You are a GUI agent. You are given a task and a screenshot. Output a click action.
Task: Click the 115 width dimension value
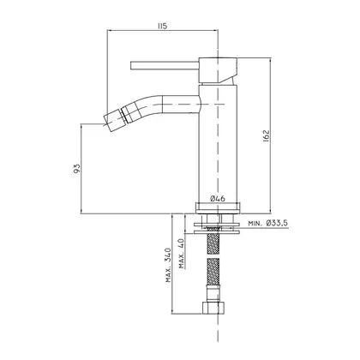click(x=162, y=26)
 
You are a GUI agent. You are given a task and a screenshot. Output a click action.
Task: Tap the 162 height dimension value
click(x=266, y=136)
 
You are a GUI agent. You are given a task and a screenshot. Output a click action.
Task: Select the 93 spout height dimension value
click(x=77, y=169)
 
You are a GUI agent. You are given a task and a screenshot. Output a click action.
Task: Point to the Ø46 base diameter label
click(x=218, y=198)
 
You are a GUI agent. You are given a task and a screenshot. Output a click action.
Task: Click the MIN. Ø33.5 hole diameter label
click(x=267, y=223)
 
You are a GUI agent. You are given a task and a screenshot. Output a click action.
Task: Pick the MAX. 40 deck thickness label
click(x=182, y=253)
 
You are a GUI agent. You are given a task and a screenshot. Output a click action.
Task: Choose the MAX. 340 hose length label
click(x=169, y=265)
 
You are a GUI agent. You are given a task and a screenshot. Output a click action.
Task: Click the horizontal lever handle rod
click(x=165, y=65)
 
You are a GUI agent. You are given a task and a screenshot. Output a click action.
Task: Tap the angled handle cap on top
click(x=219, y=70)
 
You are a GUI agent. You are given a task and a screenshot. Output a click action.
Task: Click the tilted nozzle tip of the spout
click(x=112, y=120)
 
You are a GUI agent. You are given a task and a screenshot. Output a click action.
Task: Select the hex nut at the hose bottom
click(x=214, y=308)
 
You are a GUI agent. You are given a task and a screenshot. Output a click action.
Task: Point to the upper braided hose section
click(x=213, y=241)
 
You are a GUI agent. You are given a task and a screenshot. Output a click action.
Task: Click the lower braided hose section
click(x=213, y=273)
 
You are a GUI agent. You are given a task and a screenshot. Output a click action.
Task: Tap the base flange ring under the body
click(x=219, y=207)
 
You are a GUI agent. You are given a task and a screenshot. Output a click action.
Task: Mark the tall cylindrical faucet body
click(x=218, y=143)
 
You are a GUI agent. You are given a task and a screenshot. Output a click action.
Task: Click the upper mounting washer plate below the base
click(x=217, y=225)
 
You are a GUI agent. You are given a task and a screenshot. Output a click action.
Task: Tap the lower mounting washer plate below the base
click(x=217, y=232)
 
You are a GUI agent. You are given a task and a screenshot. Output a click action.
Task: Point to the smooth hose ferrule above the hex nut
click(x=213, y=294)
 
